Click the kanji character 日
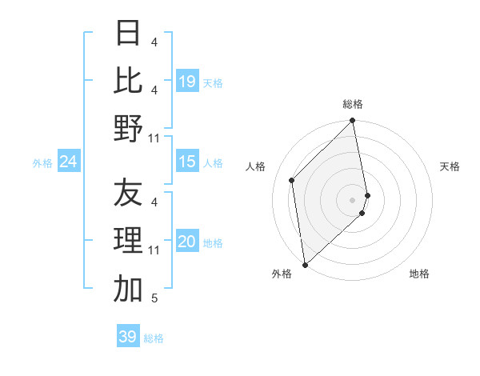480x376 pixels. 128,33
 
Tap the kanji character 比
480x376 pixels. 128,80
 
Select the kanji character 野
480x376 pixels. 128,128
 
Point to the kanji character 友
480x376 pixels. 128,194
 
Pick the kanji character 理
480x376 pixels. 128,241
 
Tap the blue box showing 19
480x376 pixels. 187,81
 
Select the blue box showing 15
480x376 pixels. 187,162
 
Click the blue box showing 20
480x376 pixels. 187,242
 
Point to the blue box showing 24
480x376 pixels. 69,162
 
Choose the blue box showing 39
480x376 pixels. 128,337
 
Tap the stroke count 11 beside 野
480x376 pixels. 154,138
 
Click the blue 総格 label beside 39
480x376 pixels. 154,338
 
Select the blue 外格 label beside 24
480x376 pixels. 42,163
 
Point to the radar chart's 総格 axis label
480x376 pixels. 353,104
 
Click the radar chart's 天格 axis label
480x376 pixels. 450,166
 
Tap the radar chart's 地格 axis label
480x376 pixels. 419,274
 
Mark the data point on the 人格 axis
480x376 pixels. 292,180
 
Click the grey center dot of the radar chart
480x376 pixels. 353,199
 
